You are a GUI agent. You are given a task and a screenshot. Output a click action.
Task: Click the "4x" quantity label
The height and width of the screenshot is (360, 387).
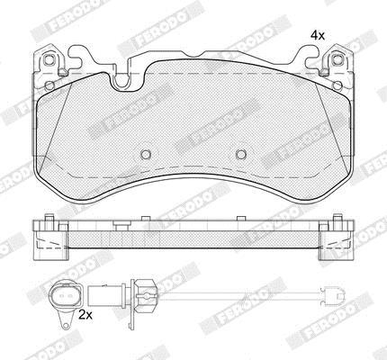[x=318, y=36]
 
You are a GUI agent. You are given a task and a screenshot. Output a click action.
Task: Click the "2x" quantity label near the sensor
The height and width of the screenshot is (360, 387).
[x=86, y=315]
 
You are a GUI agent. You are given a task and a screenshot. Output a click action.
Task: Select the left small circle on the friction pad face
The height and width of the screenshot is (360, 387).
[x=146, y=154]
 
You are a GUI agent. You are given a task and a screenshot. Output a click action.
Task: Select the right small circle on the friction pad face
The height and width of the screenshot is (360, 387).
[x=240, y=154]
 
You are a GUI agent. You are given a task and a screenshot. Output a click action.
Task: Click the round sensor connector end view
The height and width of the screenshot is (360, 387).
[x=66, y=295]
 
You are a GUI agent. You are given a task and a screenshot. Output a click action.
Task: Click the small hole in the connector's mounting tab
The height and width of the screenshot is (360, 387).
[x=66, y=325]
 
